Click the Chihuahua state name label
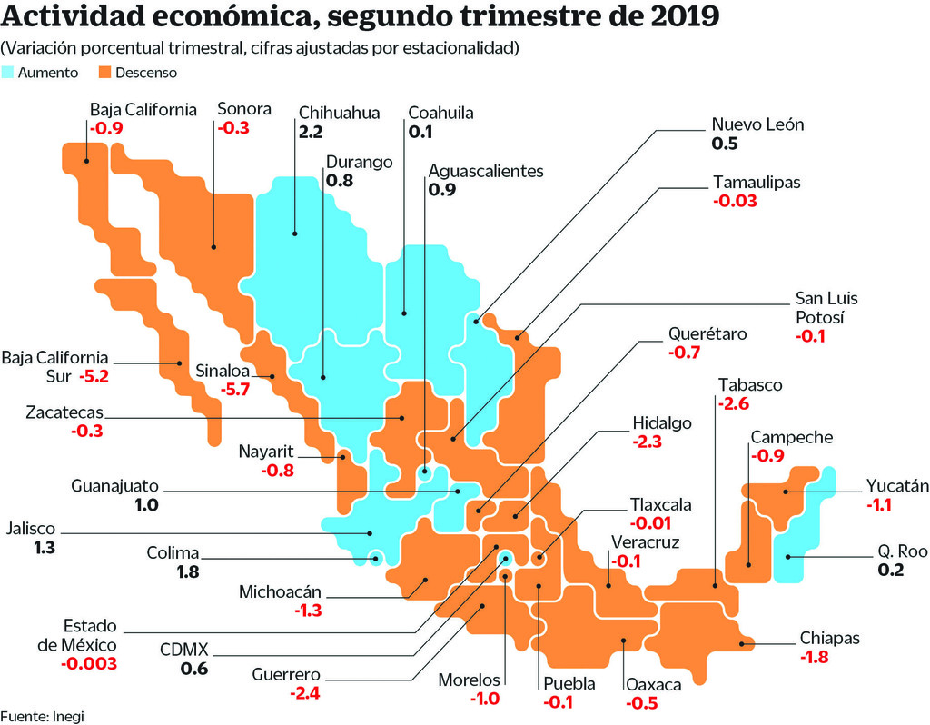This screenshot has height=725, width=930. coord(339,114)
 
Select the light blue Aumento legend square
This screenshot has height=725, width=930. coord(9,73)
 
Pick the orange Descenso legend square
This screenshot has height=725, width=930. coord(104,73)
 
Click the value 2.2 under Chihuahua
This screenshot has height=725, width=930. coord(311,133)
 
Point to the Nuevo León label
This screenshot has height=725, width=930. coord(757,124)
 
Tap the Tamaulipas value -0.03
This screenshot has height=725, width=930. coord(736,201)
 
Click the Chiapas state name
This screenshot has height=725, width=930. coord(829,638)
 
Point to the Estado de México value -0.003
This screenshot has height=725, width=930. coord(88,664)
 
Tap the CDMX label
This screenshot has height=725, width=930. coord(184,650)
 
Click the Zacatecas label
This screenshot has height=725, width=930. coord(64,412)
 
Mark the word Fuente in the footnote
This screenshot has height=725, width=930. coord(24,715)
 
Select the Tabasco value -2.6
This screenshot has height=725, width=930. coord(733,403)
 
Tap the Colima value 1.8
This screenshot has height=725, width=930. coord(188,572)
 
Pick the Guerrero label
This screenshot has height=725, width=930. coord(287,675)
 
